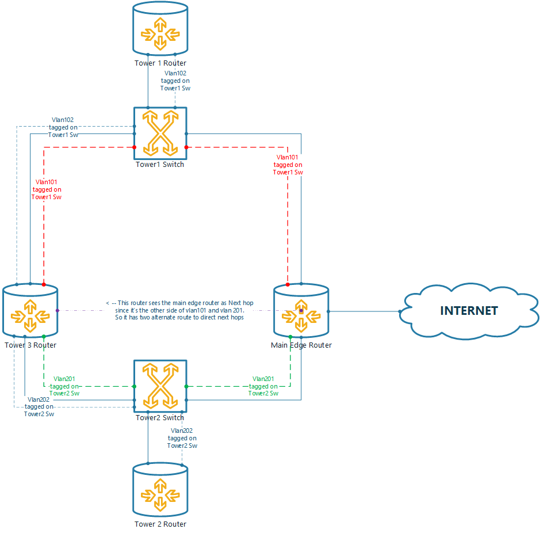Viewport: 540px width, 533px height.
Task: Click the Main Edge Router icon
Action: (x=301, y=311)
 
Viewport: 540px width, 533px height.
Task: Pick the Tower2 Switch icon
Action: (x=160, y=386)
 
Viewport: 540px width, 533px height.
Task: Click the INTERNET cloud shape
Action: (x=469, y=311)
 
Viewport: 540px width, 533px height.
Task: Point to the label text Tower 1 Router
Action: (x=160, y=63)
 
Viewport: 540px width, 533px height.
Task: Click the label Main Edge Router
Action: (x=301, y=345)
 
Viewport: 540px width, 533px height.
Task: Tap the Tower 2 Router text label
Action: (x=160, y=524)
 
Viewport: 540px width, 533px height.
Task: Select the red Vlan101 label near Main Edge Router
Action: (x=288, y=164)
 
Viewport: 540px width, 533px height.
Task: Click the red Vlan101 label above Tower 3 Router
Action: (x=47, y=189)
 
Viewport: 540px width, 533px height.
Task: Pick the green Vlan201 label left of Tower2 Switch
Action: (x=64, y=386)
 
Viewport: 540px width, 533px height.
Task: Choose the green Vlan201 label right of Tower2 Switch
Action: (x=263, y=386)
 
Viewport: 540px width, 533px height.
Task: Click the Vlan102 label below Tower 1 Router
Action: (x=175, y=81)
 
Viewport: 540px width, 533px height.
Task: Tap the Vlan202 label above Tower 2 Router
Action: (x=182, y=438)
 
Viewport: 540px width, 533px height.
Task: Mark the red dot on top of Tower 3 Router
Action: (x=44, y=284)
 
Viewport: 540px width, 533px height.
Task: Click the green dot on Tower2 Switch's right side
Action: (x=186, y=386)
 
